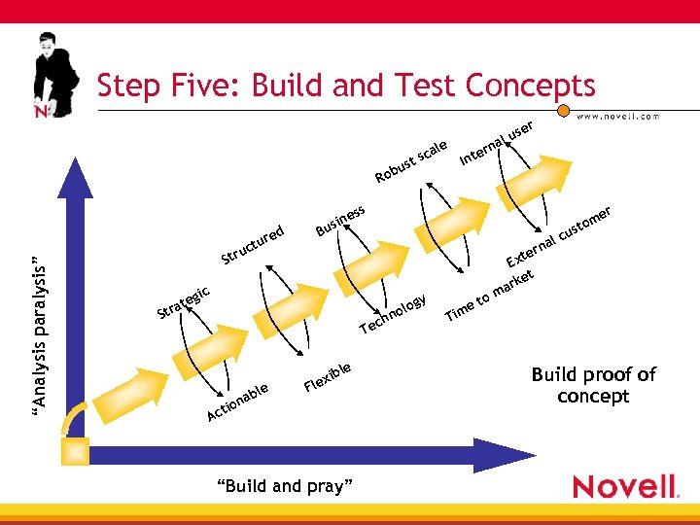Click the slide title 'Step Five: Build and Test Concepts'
[x=345, y=86]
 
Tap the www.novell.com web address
[x=618, y=116]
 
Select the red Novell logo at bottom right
[x=624, y=486]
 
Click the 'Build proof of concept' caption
[x=593, y=385]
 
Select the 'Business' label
[x=340, y=221]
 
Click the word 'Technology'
[x=393, y=313]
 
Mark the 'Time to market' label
[x=490, y=294]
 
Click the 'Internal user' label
[x=496, y=143]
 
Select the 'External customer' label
[x=559, y=237]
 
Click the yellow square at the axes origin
[x=74, y=451]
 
